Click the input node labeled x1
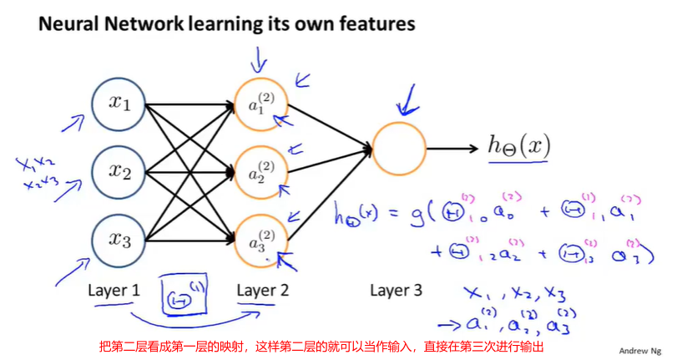[120, 104]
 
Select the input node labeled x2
[120, 173]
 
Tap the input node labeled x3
[120, 241]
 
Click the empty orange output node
[405, 149]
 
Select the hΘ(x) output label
[518, 145]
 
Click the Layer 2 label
[263, 291]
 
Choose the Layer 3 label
[396, 291]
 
